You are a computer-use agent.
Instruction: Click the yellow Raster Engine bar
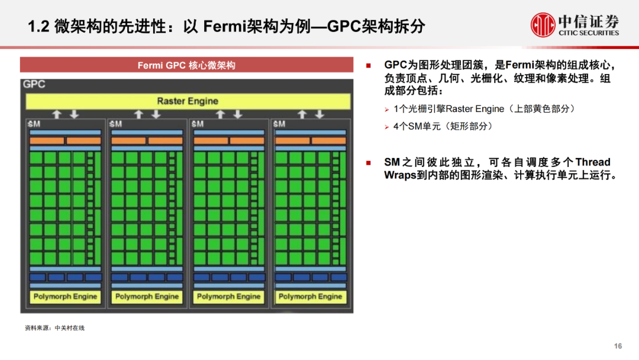point(187,101)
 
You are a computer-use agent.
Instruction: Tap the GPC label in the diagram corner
point(34,85)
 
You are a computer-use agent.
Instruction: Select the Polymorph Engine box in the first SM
point(65,297)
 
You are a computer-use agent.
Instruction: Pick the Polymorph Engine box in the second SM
point(147,297)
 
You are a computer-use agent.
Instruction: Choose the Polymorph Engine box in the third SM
point(228,297)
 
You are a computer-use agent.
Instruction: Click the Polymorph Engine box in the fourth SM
point(310,297)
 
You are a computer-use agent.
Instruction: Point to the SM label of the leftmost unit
point(34,124)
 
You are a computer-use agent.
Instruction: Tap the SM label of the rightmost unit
point(279,124)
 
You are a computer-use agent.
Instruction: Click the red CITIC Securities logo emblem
point(543,25)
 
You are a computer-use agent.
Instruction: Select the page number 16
point(618,346)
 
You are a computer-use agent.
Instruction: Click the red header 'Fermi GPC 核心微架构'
point(186,65)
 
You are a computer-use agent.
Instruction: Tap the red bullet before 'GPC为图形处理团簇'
point(369,65)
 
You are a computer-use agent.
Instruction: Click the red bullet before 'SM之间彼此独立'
point(369,162)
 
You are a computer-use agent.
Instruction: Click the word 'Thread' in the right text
point(592,162)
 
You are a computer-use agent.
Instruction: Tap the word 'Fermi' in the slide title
point(222,26)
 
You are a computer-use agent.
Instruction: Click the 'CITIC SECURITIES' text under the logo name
point(589,33)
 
